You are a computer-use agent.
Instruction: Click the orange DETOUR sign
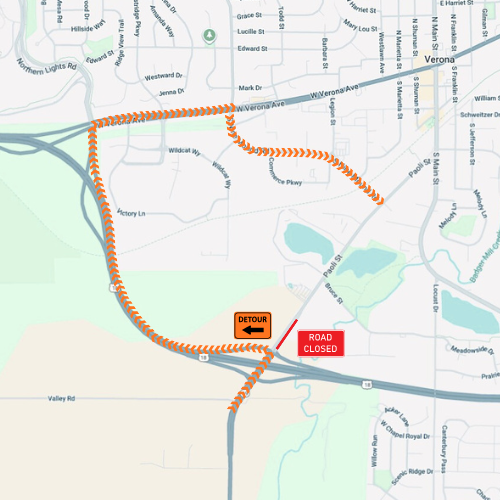point(253,325)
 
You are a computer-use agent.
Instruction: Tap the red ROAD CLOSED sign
point(321,342)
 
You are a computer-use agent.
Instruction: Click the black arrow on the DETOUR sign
point(253,330)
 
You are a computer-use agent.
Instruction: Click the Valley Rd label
point(62,398)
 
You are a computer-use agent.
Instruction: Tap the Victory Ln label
point(131,213)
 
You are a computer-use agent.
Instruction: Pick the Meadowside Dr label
point(471,350)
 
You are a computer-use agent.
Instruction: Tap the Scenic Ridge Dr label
point(414,471)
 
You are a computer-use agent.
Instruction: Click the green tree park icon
point(209,36)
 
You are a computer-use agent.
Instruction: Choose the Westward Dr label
point(164,76)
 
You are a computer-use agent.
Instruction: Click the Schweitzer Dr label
point(474,115)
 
